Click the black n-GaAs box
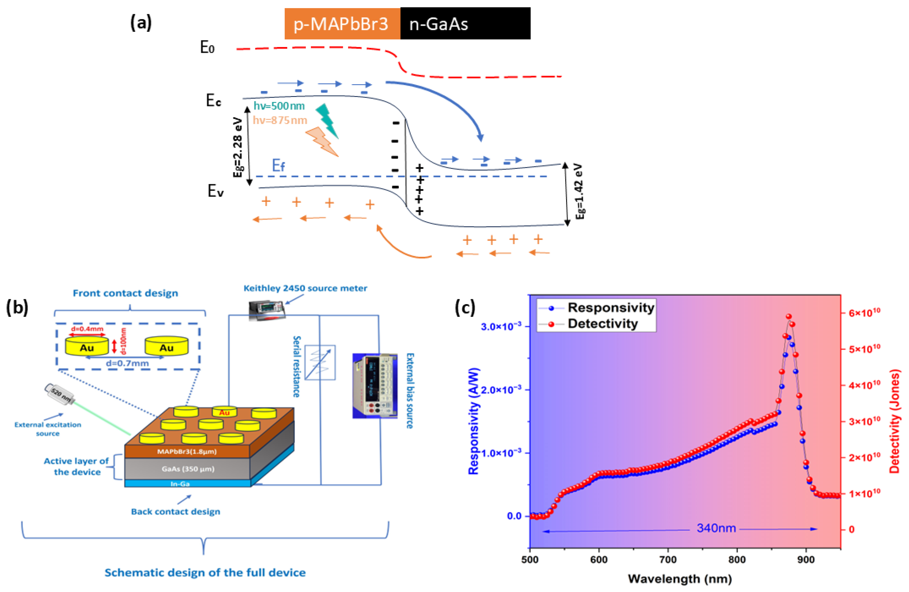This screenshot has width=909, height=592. coord(465,24)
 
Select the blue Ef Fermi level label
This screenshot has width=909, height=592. coord(278,165)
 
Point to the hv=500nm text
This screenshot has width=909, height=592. coord(279,106)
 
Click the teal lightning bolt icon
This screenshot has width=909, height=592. coord(328,121)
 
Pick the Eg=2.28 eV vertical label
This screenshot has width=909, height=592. coord(238,147)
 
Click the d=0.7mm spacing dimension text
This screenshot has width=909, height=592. coord(127,363)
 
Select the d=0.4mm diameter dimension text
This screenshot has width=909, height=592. coord(87,329)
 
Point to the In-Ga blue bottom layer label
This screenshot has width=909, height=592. coord(180,484)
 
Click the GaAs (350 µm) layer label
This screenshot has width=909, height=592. coord(188,469)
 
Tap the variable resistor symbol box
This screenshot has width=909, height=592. coord(320,362)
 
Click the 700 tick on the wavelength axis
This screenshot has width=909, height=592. coord(668,559)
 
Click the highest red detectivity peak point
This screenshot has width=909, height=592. coord(789,316)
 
